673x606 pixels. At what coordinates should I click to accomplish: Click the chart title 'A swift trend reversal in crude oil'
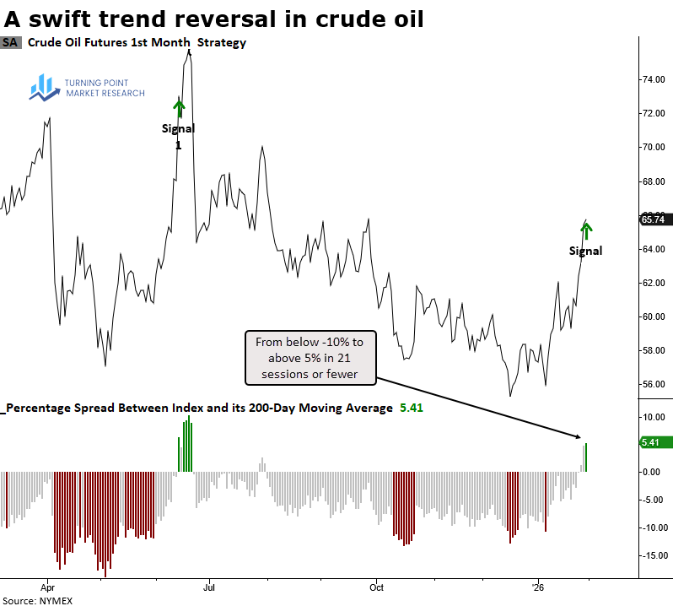pos(213,18)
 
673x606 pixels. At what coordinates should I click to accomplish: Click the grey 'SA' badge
pos(11,42)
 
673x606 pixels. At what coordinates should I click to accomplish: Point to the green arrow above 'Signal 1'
pos(179,108)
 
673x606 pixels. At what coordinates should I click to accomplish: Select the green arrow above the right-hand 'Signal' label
pos(587,229)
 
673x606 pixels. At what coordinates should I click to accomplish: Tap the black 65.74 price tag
pos(656,219)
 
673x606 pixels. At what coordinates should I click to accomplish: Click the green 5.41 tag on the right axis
pos(656,441)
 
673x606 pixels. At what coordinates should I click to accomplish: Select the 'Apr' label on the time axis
pos(47,585)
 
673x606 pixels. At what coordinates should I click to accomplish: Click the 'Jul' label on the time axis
pos(209,585)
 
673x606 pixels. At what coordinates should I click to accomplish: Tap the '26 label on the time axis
pos(537,585)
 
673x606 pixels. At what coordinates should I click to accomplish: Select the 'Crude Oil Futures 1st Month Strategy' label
pos(137,42)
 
